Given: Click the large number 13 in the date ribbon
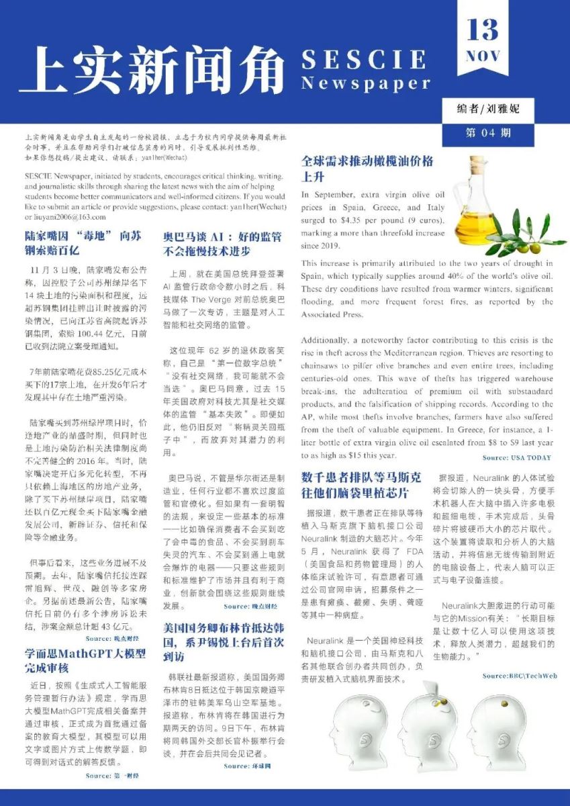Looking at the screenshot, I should [483, 30].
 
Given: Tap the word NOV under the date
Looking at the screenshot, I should [483, 56].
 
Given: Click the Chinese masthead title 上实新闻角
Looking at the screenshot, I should [152, 70].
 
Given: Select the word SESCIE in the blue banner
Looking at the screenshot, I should [364, 60].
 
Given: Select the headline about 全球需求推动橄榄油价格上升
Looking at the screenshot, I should [367, 169].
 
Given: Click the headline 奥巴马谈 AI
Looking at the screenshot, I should [222, 244].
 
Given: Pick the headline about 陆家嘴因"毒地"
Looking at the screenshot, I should [83, 242].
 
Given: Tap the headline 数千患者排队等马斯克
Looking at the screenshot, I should [361, 484].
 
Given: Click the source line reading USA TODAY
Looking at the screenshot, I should [517, 457].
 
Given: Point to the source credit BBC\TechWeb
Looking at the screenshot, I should [520, 676].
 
